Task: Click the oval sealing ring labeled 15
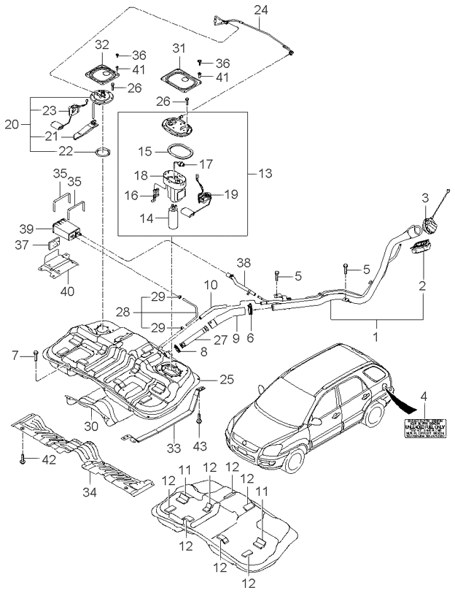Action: coord(179,153)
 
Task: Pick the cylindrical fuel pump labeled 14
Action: coord(174,218)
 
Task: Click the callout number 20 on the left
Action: coord(11,124)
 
